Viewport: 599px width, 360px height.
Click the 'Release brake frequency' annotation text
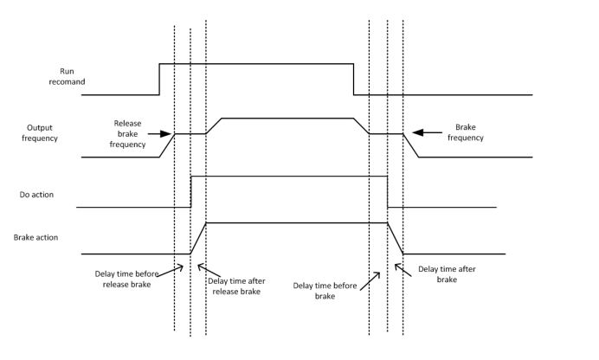(x=127, y=134)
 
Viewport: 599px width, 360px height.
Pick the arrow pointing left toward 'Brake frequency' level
(x=427, y=132)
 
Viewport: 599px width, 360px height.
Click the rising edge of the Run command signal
(x=159, y=79)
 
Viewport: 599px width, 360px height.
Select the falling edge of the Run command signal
(x=353, y=79)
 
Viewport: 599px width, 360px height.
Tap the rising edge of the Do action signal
(x=190, y=191)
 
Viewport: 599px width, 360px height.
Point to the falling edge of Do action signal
(x=387, y=191)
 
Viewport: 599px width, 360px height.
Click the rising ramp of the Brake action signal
(x=198, y=238)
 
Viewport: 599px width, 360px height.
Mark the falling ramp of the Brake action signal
(x=395, y=238)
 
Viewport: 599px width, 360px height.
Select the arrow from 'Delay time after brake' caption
(x=404, y=267)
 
